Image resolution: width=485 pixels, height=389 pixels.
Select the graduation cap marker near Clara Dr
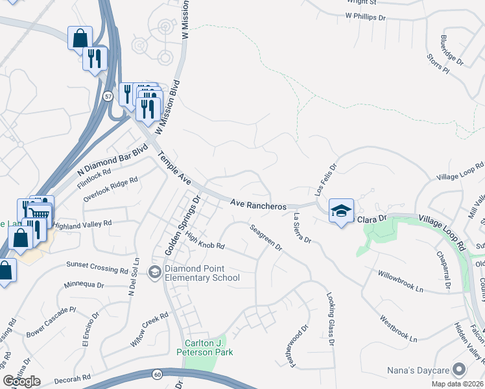341,211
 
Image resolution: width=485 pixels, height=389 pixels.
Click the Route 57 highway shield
107,96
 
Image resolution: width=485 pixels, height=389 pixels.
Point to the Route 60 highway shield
158,374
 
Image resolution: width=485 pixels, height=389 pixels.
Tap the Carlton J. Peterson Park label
204,348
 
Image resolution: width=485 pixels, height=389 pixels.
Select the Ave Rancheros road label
259,206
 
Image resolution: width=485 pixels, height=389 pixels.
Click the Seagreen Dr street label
266,237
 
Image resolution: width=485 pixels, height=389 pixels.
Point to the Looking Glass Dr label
331,317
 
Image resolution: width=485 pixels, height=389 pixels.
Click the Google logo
21,381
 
